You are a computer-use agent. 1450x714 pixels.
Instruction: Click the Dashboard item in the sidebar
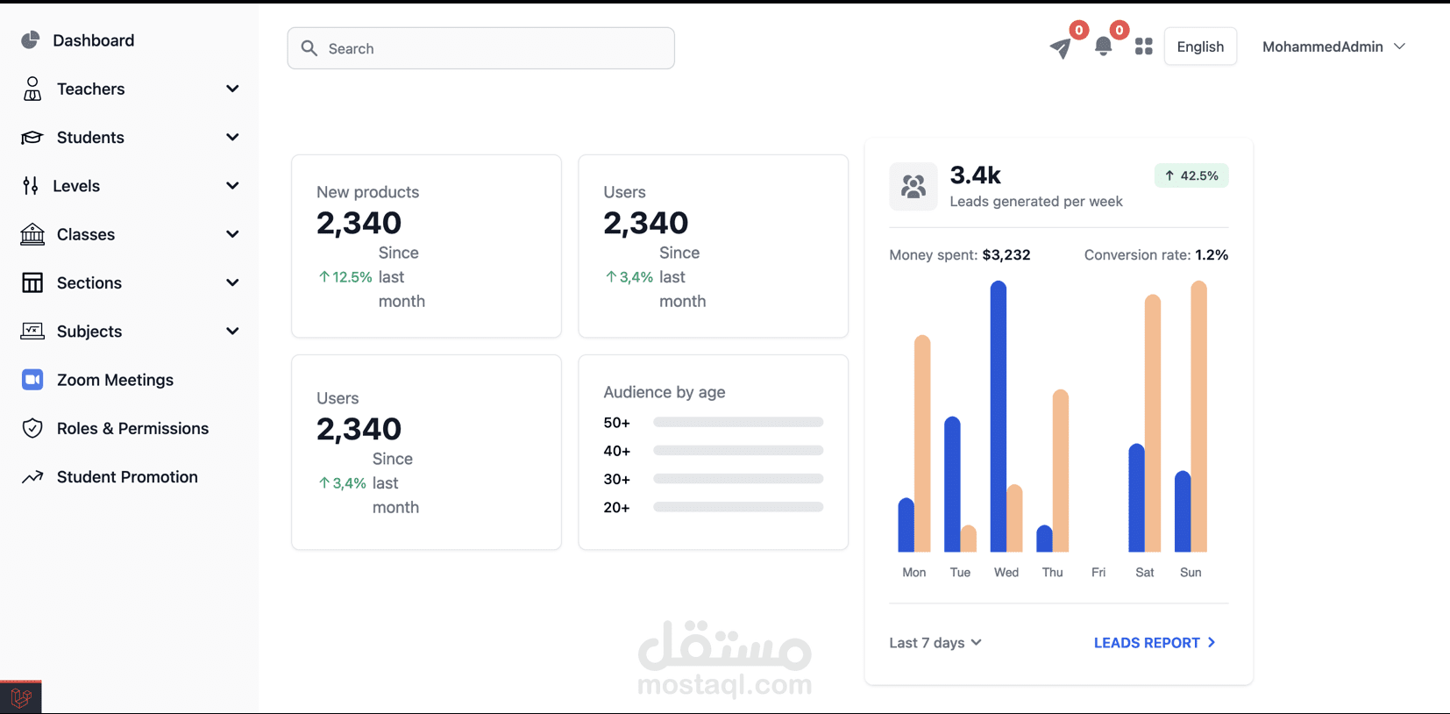point(92,40)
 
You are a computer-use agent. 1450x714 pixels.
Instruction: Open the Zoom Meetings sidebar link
point(114,380)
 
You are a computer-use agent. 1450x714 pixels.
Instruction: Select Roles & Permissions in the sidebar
point(131,428)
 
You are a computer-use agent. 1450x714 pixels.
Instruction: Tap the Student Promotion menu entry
point(126,477)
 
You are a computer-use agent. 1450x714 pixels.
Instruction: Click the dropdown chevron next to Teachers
point(232,89)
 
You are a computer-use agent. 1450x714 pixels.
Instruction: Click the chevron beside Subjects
point(232,332)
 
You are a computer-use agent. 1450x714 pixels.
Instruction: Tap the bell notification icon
point(1103,47)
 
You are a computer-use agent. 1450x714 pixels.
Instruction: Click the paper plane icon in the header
point(1061,47)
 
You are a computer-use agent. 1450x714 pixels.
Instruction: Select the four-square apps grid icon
point(1143,46)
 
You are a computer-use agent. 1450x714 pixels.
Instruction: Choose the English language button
point(1200,46)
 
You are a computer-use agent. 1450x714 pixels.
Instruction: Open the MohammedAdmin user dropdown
point(1333,46)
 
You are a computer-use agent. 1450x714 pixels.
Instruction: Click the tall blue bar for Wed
point(998,417)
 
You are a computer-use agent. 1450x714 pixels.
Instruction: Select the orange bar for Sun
point(1198,417)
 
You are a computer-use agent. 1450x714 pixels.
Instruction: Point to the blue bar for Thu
point(1044,539)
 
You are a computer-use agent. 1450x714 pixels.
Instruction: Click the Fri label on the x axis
point(1098,573)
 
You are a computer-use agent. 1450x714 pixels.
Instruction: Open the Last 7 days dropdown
point(935,643)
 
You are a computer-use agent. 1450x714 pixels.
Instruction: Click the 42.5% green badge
point(1191,175)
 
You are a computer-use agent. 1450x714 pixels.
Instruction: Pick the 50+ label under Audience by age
point(616,423)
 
